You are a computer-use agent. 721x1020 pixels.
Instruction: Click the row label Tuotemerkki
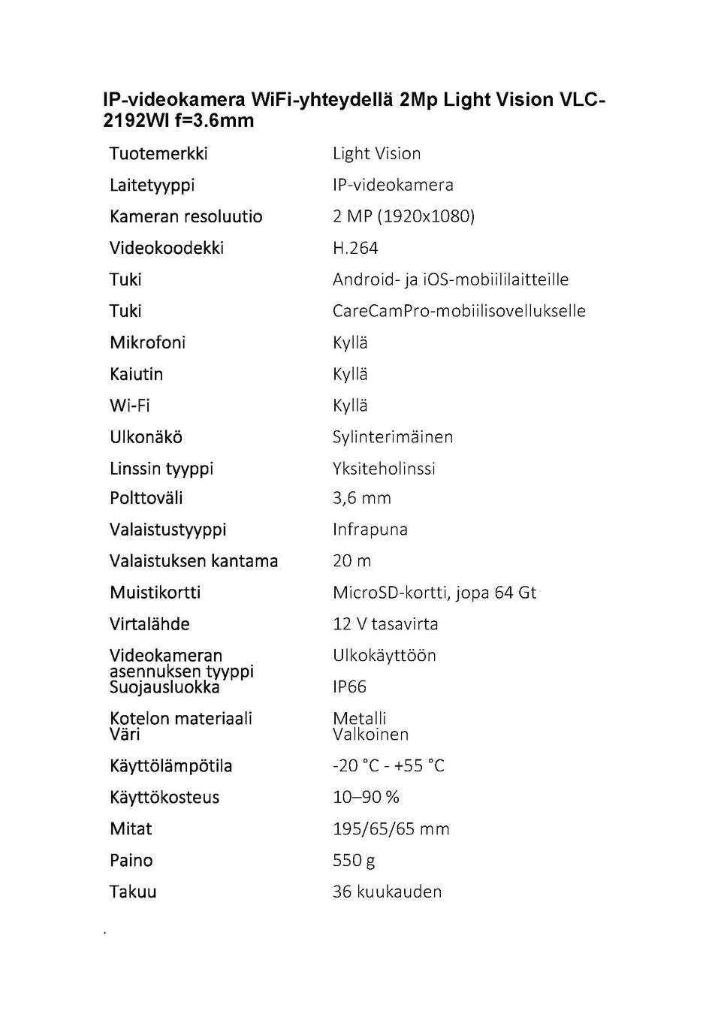coord(158,154)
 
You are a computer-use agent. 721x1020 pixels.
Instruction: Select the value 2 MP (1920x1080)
coord(403,217)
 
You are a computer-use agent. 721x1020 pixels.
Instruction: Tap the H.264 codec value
coord(355,249)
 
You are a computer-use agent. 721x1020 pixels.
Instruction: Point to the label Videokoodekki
coord(167,249)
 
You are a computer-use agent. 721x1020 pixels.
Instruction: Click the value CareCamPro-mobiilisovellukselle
coord(459,311)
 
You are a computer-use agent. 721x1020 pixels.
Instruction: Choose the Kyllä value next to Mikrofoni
coord(350,343)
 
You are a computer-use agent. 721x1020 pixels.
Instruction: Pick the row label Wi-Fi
coord(130,406)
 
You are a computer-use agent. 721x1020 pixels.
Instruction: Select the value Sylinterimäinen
coord(393,437)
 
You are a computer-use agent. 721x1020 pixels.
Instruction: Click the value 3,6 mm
coord(362,498)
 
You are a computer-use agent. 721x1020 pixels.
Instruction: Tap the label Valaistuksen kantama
coord(194,561)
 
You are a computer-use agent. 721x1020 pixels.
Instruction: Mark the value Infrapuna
coord(370,530)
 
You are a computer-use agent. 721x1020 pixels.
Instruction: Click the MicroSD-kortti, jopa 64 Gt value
coord(434,593)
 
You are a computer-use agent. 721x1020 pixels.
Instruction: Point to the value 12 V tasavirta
coord(385,624)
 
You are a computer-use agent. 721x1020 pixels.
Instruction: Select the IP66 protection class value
coord(349,687)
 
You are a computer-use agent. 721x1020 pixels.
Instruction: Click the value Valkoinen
coord(370,735)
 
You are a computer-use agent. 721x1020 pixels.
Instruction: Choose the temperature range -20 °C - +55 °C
coord(388,766)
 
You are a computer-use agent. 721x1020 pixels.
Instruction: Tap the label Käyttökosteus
coord(164,798)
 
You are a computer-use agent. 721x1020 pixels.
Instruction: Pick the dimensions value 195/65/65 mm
coord(391,829)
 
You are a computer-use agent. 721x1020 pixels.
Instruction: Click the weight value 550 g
coord(354,861)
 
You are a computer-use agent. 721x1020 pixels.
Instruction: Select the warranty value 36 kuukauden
coord(387,892)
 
